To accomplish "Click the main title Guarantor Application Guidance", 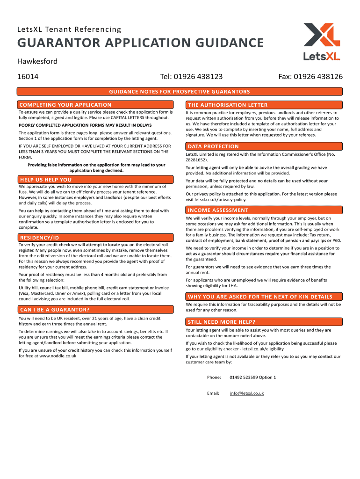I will click(140, 44).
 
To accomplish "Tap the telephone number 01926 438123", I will click(191, 76).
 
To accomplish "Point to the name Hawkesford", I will click(37, 61).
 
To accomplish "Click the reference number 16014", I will click(28, 76).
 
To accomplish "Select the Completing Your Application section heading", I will click(65, 105).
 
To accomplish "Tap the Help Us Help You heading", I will click(45, 180).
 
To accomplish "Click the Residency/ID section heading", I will click(39, 238).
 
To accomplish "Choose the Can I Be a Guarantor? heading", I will click(54, 310).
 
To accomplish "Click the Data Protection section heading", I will click(213, 146).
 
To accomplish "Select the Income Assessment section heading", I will click(218, 210).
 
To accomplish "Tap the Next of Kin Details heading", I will click(260, 297).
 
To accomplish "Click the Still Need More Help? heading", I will click(222, 322).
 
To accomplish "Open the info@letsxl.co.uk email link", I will click(247, 393).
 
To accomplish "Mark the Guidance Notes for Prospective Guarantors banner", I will click(180, 92).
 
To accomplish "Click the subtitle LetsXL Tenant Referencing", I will click(69, 30).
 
